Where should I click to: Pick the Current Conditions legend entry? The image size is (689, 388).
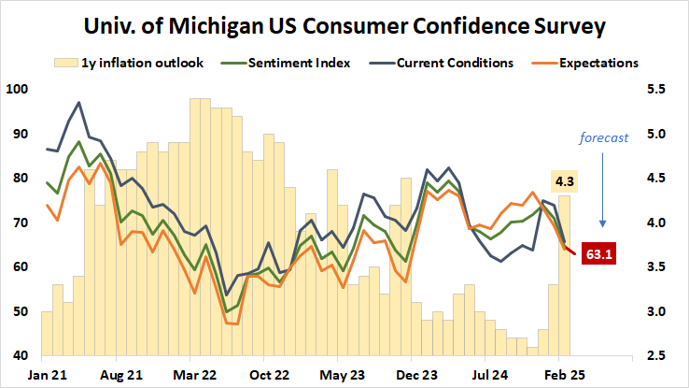448,64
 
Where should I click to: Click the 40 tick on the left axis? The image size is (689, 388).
20,356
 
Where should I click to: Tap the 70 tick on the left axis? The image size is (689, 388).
20,223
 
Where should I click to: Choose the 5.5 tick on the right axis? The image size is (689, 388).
658,90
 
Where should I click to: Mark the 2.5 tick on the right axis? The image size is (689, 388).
658,356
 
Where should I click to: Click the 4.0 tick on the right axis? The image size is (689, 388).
658,223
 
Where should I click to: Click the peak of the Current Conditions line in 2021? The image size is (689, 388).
79,103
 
